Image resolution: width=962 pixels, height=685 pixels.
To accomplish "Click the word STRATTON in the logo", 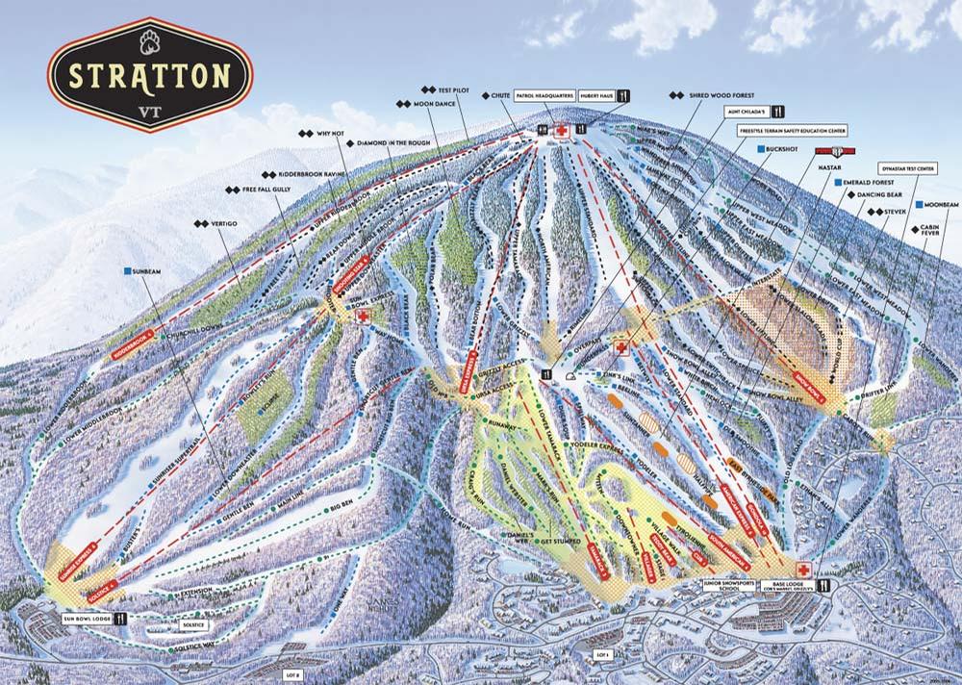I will point(148,75).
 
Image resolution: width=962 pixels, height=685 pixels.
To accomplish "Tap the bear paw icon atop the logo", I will point(149,39).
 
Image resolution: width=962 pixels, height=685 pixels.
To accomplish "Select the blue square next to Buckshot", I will point(760,149).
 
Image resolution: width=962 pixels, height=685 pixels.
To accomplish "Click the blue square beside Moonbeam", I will point(920,205).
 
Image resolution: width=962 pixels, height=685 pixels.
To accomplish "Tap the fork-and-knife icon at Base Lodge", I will point(823,584).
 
